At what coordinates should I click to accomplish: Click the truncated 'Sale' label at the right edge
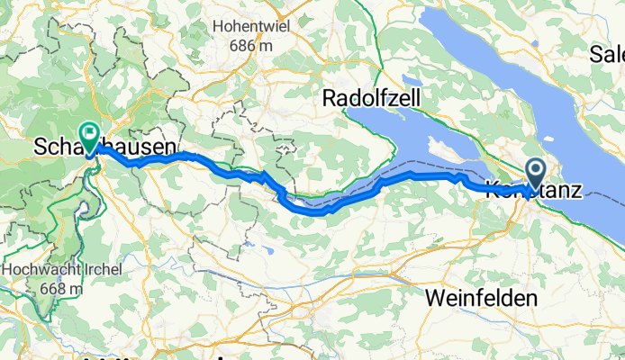click(x=607, y=55)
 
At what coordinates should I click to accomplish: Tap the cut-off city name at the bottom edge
click(x=162, y=356)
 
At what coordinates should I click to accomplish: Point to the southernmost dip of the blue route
click(x=315, y=212)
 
